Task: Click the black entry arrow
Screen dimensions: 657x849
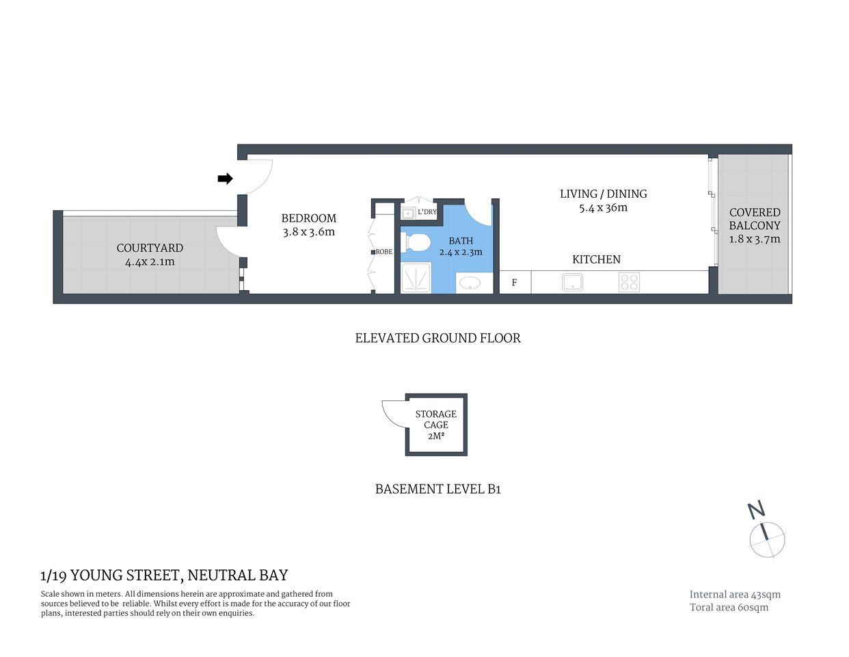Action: (225, 179)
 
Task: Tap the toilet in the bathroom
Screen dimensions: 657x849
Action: (417, 242)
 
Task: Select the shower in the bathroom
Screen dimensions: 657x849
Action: (415, 279)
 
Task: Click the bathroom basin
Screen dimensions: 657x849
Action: (470, 283)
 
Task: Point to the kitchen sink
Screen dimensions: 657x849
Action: (572, 282)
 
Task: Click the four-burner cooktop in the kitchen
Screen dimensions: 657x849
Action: (629, 282)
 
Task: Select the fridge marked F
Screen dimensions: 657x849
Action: (515, 282)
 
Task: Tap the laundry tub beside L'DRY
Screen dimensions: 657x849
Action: (408, 212)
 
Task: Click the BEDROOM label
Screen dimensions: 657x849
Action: (309, 218)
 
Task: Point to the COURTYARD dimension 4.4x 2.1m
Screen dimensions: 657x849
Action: (150, 261)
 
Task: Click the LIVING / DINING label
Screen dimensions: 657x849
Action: (603, 194)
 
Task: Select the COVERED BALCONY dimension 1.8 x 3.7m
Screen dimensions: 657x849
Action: (755, 239)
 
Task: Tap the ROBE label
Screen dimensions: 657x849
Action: (384, 252)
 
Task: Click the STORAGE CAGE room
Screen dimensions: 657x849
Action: (436, 424)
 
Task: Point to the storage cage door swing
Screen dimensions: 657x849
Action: (393, 411)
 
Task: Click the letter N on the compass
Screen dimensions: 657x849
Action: (756, 510)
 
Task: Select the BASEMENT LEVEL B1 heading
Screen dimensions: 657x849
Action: (437, 489)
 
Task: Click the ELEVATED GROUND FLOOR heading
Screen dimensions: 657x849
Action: (437, 338)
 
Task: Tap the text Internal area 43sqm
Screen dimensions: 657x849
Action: (735, 595)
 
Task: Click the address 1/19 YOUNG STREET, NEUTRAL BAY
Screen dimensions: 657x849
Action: (164, 576)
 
